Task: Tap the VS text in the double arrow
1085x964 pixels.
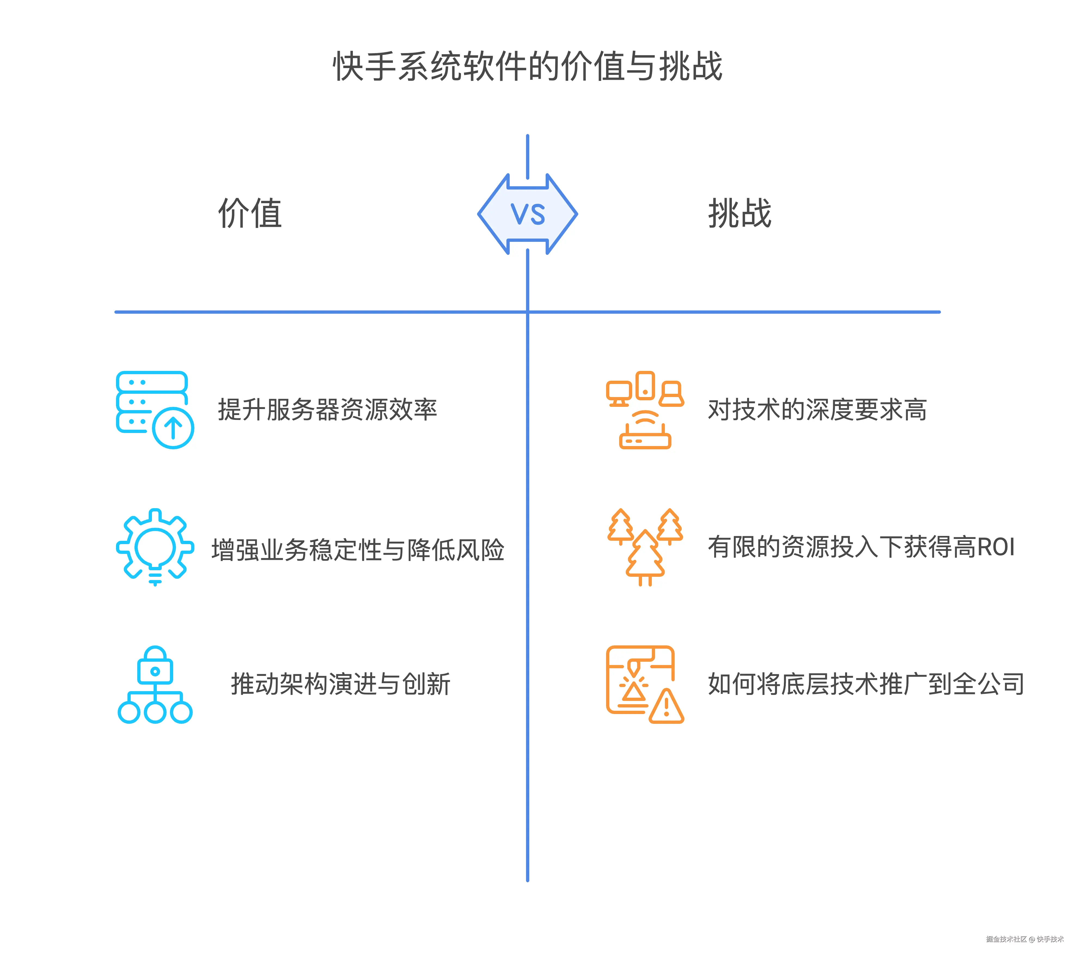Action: [528, 215]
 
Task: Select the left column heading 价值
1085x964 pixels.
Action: [250, 213]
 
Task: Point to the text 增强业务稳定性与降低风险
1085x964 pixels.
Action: [358, 550]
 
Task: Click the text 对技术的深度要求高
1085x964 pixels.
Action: [817, 410]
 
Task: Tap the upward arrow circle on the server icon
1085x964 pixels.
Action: [173, 428]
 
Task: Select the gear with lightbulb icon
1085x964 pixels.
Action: [155, 547]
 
